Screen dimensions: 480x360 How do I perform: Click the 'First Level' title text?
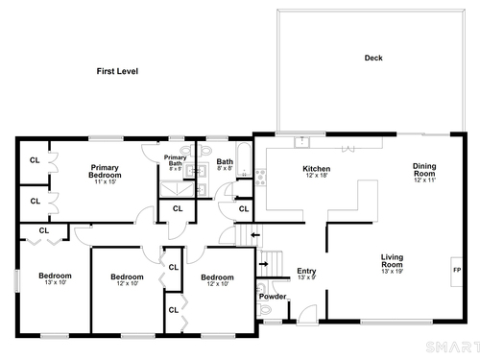[x=117, y=71]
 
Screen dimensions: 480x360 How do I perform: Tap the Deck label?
[x=373, y=58]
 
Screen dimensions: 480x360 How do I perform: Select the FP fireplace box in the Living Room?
[x=456, y=272]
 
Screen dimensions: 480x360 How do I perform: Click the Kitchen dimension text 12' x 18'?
[x=317, y=176]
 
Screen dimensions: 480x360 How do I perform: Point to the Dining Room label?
[x=424, y=170]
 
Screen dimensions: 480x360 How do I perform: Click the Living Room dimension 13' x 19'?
[x=392, y=272]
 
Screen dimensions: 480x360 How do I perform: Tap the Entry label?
[x=306, y=271]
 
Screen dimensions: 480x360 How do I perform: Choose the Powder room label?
[x=273, y=297]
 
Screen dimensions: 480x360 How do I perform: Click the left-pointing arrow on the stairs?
[x=255, y=235]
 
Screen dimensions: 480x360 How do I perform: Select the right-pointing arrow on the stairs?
[x=263, y=264]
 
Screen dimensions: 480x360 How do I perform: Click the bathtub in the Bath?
[x=244, y=159]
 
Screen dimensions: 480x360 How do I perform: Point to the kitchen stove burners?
[x=260, y=178]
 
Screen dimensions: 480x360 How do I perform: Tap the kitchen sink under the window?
[x=302, y=142]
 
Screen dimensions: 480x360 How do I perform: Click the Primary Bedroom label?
[x=105, y=171]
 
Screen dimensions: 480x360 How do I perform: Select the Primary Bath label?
[x=175, y=160]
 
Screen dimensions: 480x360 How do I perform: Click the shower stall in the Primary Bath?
[x=177, y=189]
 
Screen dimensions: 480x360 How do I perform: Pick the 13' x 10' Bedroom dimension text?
[x=56, y=282]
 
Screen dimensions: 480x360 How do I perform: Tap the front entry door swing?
[x=307, y=315]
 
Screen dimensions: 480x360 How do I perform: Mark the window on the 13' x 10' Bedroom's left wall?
[x=16, y=280]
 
